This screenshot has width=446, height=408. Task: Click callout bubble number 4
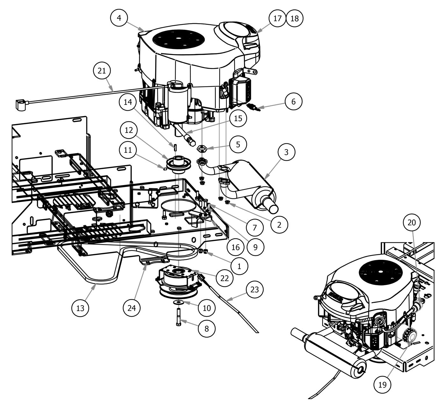(x=119, y=18)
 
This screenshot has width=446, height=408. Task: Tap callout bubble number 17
(x=277, y=18)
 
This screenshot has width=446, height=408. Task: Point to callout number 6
(x=293, y=101)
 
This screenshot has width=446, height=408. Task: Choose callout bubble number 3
(x=286, y=152)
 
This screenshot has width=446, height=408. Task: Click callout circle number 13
(x=80, y=308)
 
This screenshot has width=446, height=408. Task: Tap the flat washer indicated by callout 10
(x=179, y=301)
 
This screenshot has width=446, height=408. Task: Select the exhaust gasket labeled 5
(x=202, y=148)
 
